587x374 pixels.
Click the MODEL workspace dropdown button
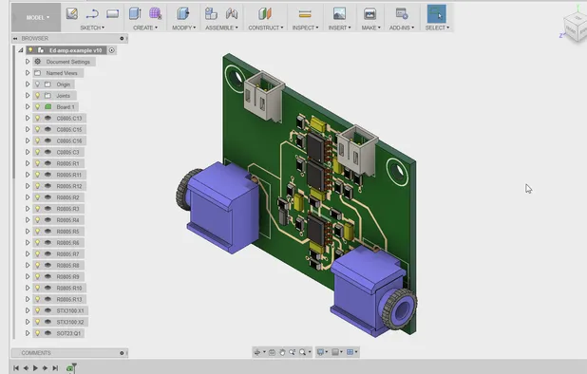36,16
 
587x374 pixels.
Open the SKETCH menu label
92,28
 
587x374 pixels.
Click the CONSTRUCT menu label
265,28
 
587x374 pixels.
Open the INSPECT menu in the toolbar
305,28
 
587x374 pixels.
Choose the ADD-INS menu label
401,28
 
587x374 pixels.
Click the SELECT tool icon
436,13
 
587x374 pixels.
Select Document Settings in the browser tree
67,61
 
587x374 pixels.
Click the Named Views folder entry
62,72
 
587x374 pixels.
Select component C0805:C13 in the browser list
69,118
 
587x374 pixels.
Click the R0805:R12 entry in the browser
69,186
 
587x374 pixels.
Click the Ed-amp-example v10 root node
76,49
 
